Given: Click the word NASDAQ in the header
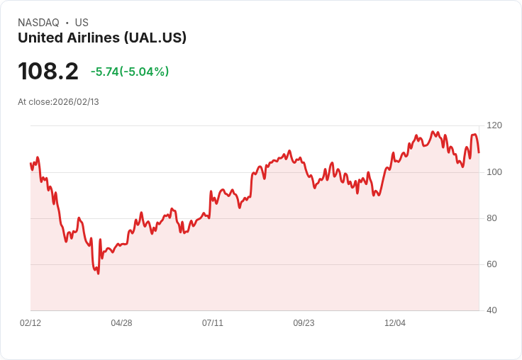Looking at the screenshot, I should click(x=38, y=23).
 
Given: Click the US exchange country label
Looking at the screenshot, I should click(x=82, y=23).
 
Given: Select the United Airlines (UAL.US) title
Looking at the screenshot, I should click(x=102, y=38).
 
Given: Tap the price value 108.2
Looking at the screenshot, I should click(x=48, y=72).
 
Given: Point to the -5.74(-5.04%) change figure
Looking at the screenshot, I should click(x=130, y=72).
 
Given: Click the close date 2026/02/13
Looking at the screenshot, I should click(x=76, y=102).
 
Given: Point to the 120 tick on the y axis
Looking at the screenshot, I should click(x=494, y=125).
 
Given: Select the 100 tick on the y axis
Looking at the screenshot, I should click(x=494, y=172).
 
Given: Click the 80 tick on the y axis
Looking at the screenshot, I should click(x=491, y=218).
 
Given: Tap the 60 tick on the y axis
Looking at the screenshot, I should click(x=491, y=264).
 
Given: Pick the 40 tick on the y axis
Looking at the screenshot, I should click(x=491, y=310).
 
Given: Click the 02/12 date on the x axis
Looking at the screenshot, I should click(x=30, y=323).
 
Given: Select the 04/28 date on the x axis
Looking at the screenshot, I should click(x=121, y=323).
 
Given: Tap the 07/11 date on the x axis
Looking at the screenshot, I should click(x=213, y=323).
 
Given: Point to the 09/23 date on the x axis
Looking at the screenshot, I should click(x=304, y=323).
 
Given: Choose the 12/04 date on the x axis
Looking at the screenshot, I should click(x=395, y=323).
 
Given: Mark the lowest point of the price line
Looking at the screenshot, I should click(x=98, y=274).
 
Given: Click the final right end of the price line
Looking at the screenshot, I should click(x=479, y=152).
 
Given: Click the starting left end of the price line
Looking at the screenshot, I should click(x=30, y=164).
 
